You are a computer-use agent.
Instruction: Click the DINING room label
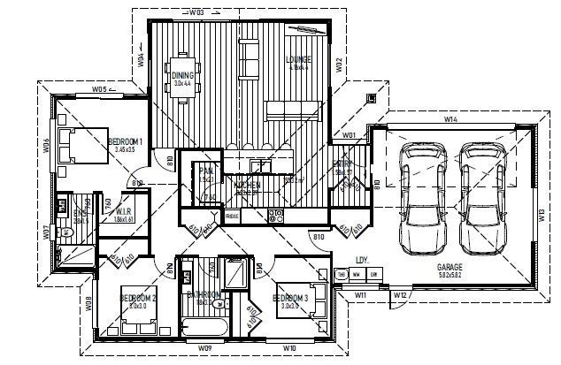(x=182, y=76)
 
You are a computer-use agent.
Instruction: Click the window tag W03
(x=196, y=13)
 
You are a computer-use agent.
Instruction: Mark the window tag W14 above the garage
(x=450, y=118)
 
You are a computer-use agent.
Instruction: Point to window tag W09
(x=204, y=349)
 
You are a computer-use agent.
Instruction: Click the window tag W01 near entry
(x=348, y=135)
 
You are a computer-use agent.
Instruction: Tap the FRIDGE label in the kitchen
(x=233, y=216)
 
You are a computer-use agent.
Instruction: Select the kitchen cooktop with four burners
(x=275, y=214)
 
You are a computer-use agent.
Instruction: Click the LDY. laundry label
(x=361, y=260)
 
